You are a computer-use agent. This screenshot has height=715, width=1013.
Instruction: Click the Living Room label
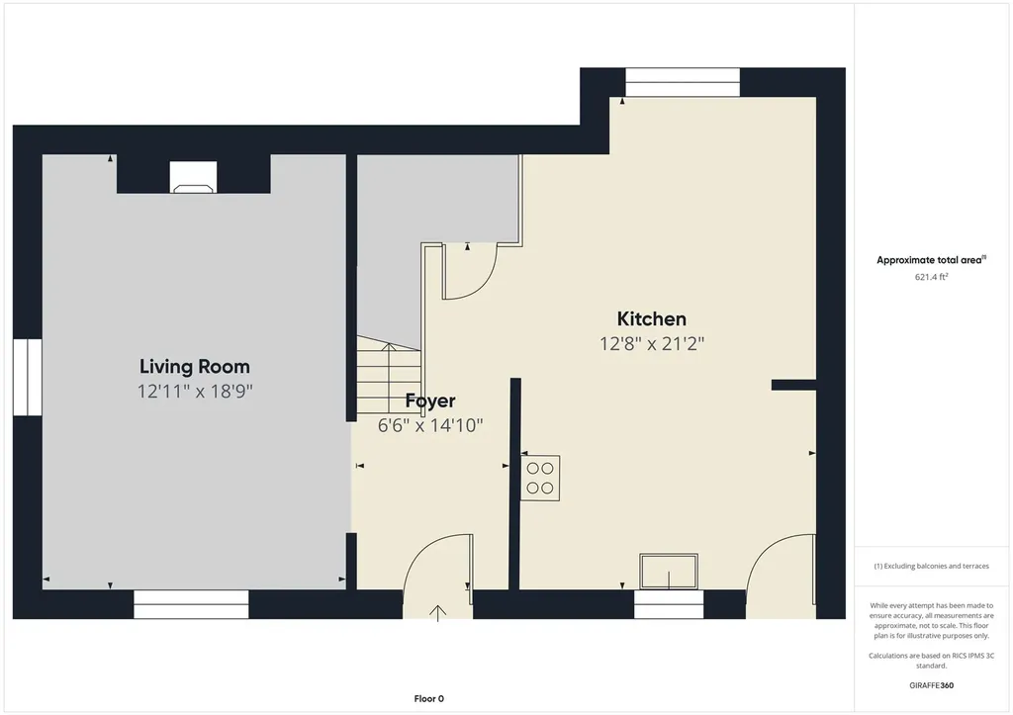195,366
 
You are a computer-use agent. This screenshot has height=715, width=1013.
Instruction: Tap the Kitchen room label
651,318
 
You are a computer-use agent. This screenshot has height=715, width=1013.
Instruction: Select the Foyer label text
430,402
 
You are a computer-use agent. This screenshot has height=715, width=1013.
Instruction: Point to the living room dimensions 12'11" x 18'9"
195,391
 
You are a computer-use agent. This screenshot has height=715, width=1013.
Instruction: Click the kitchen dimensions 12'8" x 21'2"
651,343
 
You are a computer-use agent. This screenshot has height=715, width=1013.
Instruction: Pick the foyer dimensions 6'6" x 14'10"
430,425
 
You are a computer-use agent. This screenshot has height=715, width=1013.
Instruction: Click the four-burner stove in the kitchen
540,478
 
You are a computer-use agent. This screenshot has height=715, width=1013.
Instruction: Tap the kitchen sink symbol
669,571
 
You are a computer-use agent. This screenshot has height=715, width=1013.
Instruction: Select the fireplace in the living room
193,177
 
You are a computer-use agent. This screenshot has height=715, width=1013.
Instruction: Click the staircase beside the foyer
388,375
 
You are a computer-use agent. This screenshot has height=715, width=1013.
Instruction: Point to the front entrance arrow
438,613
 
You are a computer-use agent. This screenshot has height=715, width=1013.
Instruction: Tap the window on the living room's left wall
27,377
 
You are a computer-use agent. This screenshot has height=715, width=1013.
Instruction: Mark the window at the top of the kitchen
683,82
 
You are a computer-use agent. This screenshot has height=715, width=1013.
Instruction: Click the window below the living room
191,604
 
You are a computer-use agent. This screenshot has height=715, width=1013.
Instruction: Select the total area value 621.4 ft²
931,277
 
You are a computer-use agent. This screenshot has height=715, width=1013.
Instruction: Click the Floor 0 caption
429,698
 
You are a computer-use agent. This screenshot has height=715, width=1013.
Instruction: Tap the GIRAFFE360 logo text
931,685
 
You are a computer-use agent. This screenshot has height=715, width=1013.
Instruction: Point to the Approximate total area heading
931,260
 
